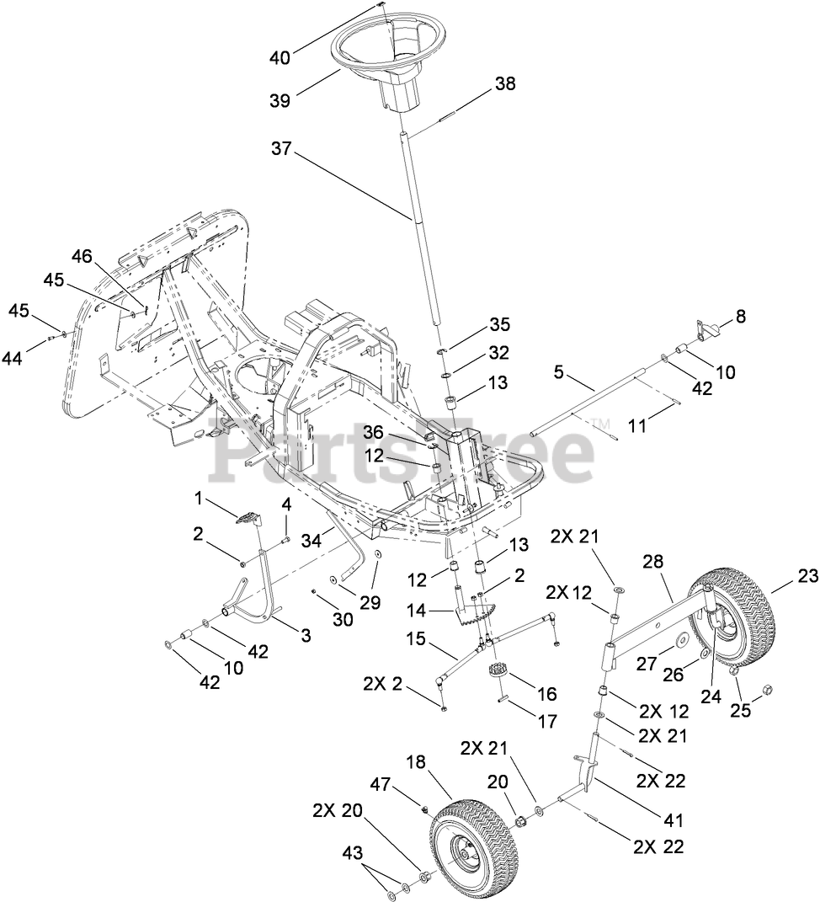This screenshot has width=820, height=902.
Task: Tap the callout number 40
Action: [280, 57]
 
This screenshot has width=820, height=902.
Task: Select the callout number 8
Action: [740, 317]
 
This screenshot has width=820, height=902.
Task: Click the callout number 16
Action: [546, 693]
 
